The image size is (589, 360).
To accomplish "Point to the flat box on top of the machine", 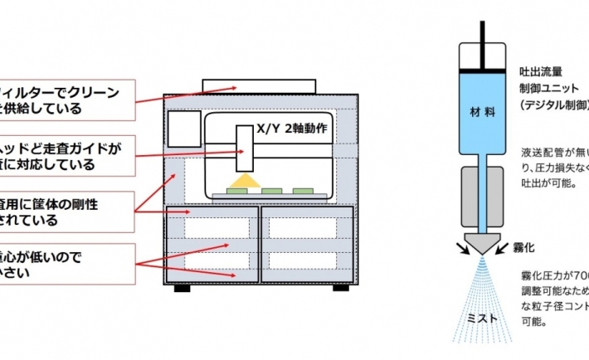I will [x=259, y=85].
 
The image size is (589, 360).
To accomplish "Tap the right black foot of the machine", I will [x=340, y=288].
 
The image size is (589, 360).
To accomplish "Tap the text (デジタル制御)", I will [x=553, y=105].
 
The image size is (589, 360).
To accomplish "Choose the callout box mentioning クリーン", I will [x=66, y=100].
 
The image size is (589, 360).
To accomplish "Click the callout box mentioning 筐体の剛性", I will [x=66, y=212].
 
